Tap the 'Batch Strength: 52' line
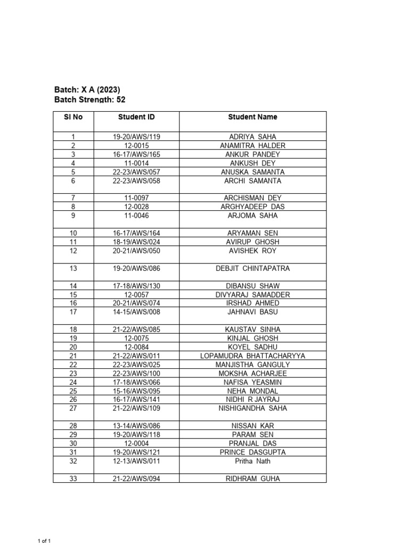click(90, 100)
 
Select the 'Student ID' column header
click(136, 117)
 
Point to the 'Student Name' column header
click(252, 117)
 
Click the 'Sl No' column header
click(73, 117)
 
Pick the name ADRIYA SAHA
click(252, 137)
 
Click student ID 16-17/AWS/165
click(136, 155)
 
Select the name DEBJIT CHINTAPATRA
click(252, 269)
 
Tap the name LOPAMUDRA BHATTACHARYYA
click(252, 356)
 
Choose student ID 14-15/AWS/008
click(136, 312)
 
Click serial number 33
click(73, 478)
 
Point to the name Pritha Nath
click(252, 461)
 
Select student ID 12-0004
click(136, 443)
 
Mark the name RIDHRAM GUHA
click(252, 478)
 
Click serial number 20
click(73, 347)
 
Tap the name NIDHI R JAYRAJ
click(252, 400)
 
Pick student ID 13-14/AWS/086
click(136, 426)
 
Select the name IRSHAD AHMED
click(252, 303)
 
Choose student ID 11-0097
click(136, 199)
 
